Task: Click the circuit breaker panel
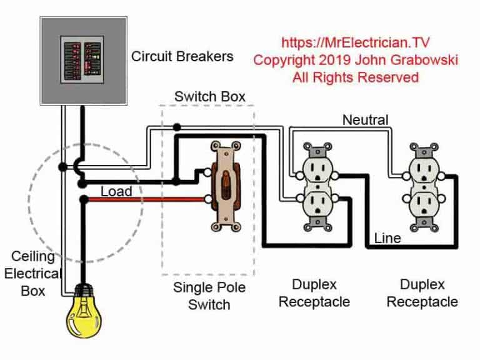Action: (x=83, y=59)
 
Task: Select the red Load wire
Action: (x=144, y=200)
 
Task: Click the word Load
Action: (x=116, y=191)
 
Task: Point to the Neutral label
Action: (x=365, y=119)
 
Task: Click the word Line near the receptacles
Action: (x=387, y=238)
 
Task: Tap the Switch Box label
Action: (x=209, y=97)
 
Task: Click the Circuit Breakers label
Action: (x=182, y=56)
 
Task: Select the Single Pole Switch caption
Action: (x=209, y=296)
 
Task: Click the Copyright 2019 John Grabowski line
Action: (x=355, y=60)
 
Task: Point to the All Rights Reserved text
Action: (x=355, y=77)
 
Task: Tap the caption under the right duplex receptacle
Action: (x=422, y=294)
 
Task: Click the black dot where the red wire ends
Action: (x=83, y=200)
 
